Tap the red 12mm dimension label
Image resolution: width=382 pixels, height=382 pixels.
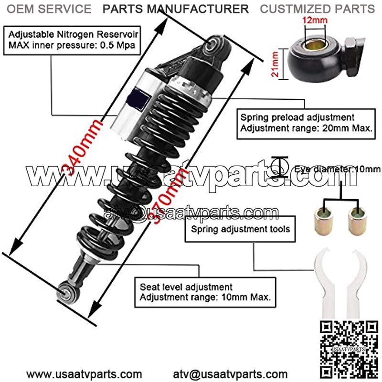click(x=315, y=20)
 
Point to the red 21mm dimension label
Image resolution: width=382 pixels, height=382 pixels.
click(x=275, y=64)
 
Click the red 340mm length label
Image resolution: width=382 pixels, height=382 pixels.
click(x=82, y=148)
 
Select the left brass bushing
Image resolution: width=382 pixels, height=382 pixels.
click(x=323, y=221)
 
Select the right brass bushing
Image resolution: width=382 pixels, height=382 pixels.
click(x=357, y=221)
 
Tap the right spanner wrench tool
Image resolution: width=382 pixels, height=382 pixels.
click(x=356, y=283)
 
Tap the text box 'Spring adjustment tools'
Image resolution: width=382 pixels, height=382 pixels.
click(x=240, y=229)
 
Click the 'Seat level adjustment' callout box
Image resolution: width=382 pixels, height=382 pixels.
click(x=205, y=292)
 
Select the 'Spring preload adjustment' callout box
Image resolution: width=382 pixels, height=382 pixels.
click(x=306, y=124)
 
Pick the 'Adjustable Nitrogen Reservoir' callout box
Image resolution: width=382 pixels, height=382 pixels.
click(x=72, y=40)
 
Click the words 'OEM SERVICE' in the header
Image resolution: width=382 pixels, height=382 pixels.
click(x=49, y=9)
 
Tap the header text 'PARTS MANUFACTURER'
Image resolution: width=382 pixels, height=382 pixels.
click(x=176, y=9)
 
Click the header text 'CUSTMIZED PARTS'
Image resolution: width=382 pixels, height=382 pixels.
click(x=317, y=9)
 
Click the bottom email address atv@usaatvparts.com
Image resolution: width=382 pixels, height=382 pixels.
click(x=230, y=374)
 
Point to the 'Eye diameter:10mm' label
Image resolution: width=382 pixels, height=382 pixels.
click(x=337, y=169)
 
